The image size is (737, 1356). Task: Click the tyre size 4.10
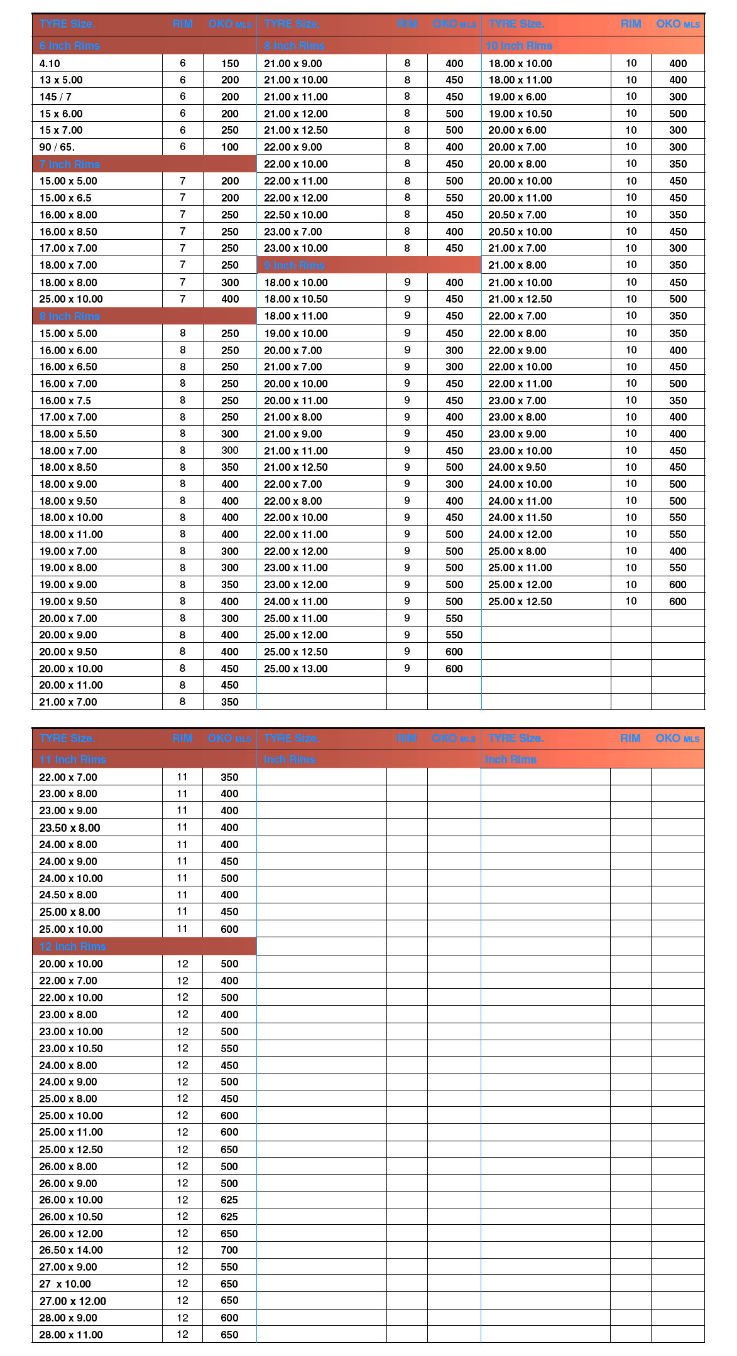click(x=50, y=63)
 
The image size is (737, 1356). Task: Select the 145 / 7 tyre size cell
click(x=55, y=97)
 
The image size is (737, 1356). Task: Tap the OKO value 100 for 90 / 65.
click(x=230, y=147)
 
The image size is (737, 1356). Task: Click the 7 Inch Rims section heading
click(x=70, y=164)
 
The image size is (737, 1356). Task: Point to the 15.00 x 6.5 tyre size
click(x=65, y=198)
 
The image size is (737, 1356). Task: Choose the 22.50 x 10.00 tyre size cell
click(x=296, y=215)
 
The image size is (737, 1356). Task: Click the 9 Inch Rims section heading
click(x=294, y=266)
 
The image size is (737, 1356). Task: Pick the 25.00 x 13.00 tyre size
click(x=296, y=669)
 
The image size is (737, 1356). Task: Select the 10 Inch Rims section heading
click(x=519, y=46)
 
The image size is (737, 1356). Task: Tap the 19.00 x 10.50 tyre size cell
click(x=520, y=114)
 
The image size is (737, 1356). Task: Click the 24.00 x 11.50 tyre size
click(x=520, y=517)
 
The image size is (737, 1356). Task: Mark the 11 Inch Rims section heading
click(x=73, y=760)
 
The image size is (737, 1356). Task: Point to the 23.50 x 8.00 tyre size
click(x=70, y=827)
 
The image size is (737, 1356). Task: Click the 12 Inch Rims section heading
click(x=73, y=947)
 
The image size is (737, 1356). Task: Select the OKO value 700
click(x=229, y=1250)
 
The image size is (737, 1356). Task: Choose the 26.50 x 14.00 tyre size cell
click(x=71, y=1250)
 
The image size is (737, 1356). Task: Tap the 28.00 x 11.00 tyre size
click(x=71, y=1335)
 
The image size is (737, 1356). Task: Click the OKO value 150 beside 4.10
click(x=230, y=63)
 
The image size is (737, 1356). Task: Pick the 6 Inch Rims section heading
click(x=70, y=46)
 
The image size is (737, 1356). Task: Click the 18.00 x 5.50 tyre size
click(x=68, y=434)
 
